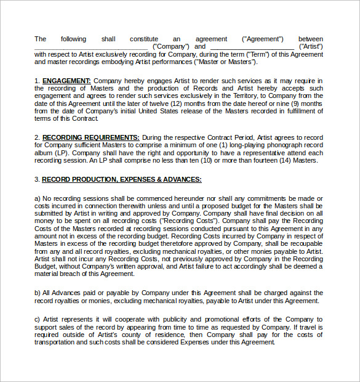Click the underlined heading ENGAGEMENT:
pos(66,81)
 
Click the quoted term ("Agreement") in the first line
pos(263,39)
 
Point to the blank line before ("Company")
pos(90,47)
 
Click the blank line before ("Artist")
pos(252,47)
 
